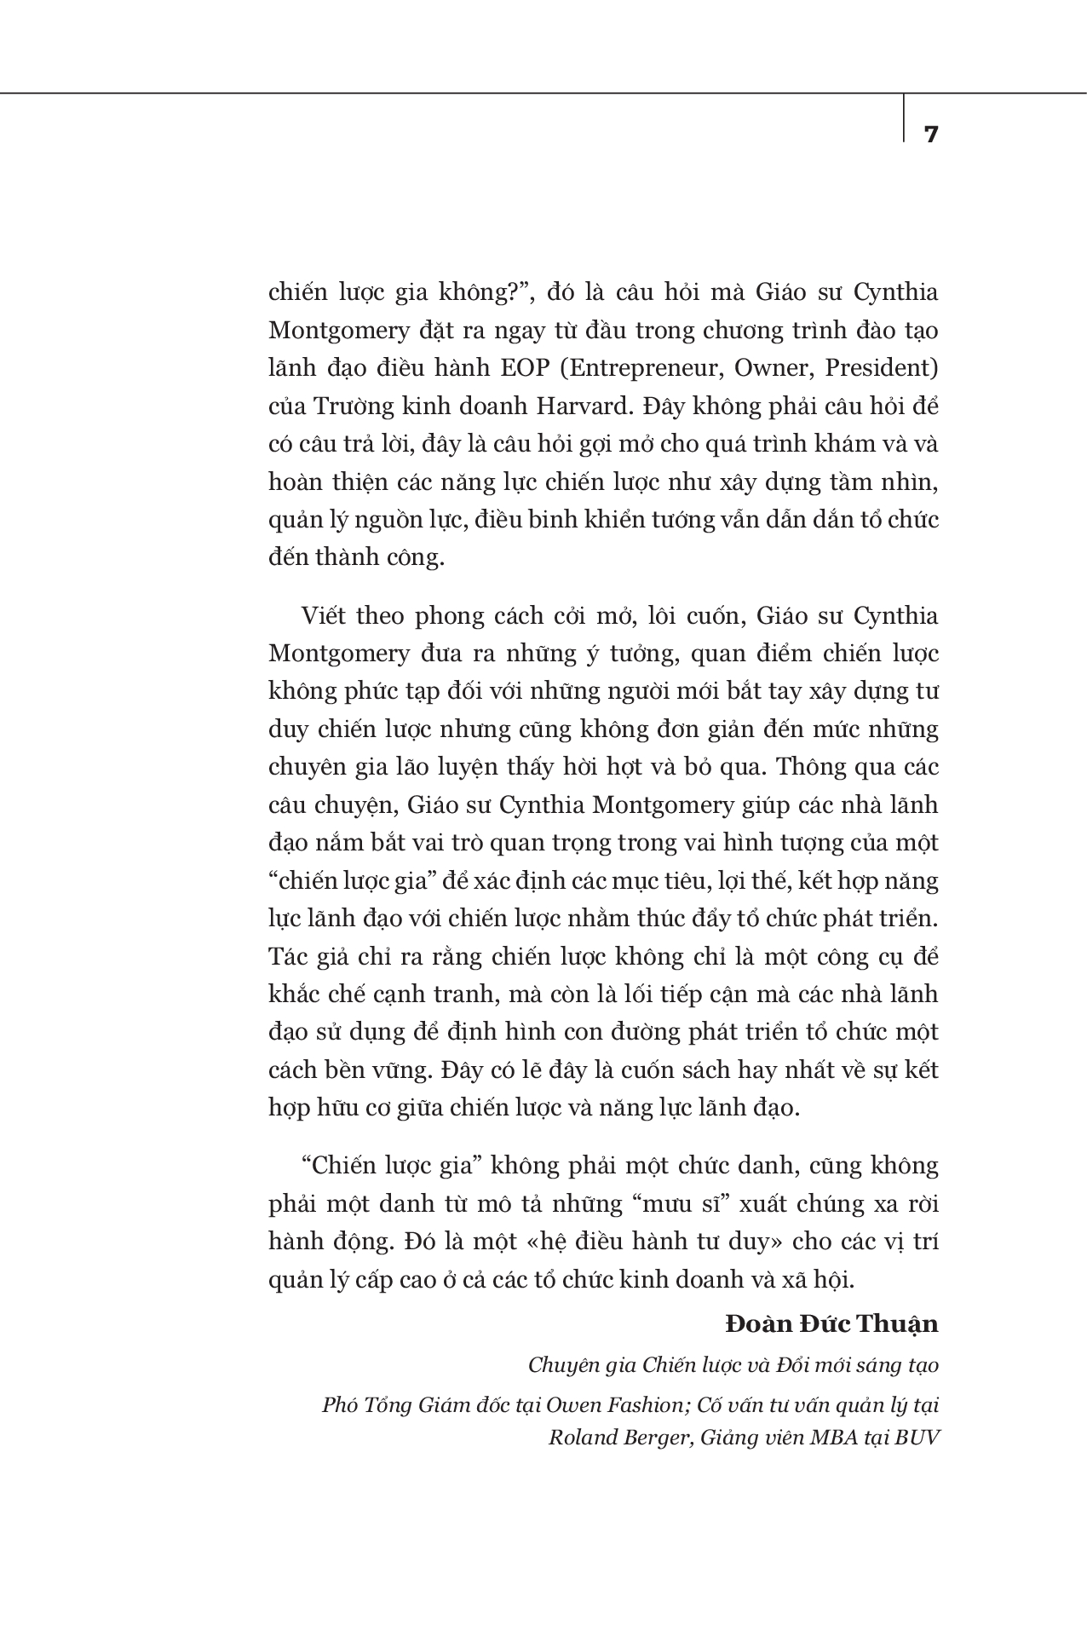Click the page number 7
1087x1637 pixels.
tap(930, 134)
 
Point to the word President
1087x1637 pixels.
tap(884, 368)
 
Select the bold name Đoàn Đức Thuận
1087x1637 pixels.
tap(831, 1323)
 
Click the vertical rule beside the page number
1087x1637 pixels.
tap(904, 118)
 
